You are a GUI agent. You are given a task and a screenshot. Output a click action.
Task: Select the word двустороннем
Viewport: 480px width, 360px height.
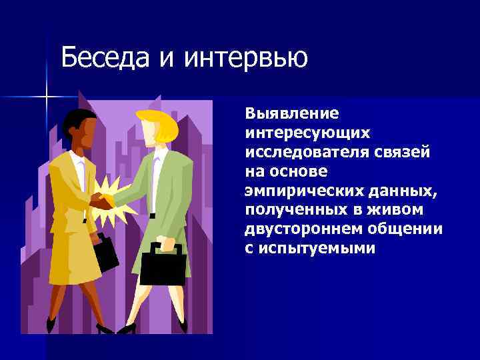(298, 229)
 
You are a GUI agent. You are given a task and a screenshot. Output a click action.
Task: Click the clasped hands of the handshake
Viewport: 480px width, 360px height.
(101, 200)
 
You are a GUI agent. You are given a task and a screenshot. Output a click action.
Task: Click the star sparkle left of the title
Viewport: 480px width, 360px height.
(47, 97)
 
